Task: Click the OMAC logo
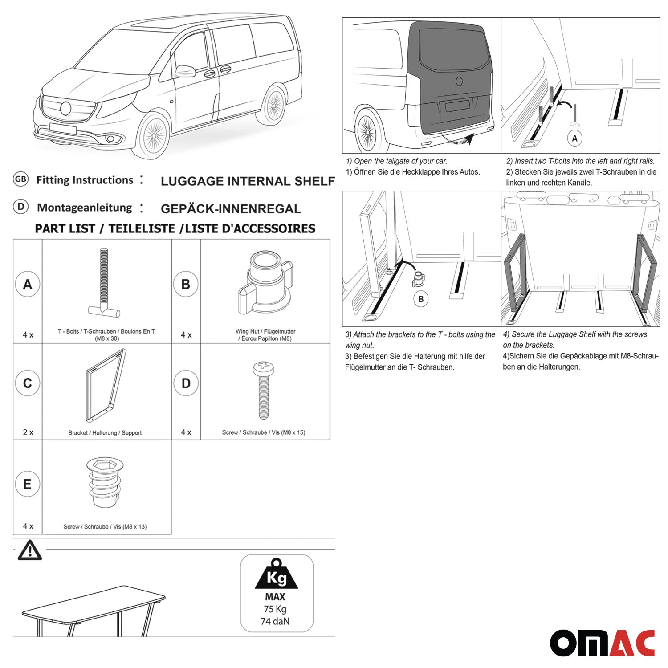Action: pyautogui.click(x=602, y=643)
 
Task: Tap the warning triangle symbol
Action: pyautogui.click(x=29, y=550)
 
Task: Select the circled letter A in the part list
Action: pyautogui.click(x=28, y=284)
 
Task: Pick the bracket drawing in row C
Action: pyautogui.click(x=105, y=386)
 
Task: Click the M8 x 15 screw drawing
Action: pyautogui.click(x=263, y=390)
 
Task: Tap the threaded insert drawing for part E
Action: pyautogui.click(x=104, y=482)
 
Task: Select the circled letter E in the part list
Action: pyautogui.click(x=27, y=484)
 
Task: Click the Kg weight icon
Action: pyautogui.click(x=277, y=574)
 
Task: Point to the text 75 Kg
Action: pyautogui.click(x=275, y=609)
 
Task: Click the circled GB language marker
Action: pyautogui.click(x=20, y=179)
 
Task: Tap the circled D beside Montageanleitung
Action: pyautogui.click(x=20, y=207)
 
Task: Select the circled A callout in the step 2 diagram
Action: pyautogui.click(x=574, y=138)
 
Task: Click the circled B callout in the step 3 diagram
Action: pyautogui.click(x=421, y=299)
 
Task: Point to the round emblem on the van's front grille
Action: pyautogui.click(x=65, y=108)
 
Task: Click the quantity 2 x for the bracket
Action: pyautogui.click(x=28, y=432)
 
